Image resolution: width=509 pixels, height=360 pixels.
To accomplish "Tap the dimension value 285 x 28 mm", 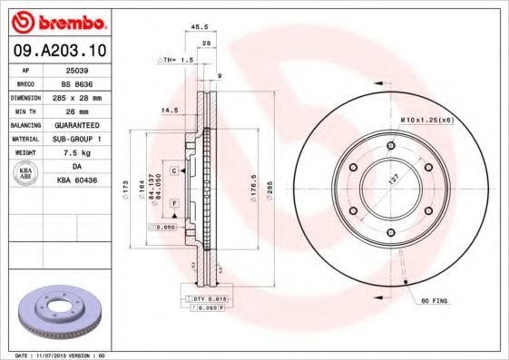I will click(75, 95).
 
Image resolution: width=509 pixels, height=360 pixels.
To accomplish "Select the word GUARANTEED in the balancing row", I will click(76, 124).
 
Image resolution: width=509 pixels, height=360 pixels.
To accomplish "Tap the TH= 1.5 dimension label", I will click(178, 60).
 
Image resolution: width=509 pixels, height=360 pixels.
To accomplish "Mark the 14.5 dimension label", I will click(169, 112).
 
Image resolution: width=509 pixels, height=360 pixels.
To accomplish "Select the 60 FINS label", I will click(434, 299).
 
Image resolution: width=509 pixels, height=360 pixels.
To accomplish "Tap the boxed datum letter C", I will click(172, 170).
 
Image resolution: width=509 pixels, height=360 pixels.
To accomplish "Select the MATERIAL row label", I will click(24, 138).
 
